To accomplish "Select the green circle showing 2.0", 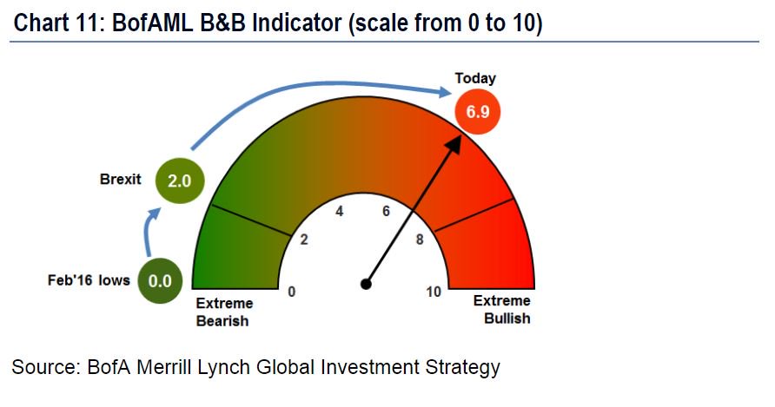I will pos(179,181).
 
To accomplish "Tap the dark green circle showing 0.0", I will pos(160,280).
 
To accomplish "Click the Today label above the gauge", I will pos(475,78).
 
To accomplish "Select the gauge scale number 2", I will pos(304,240).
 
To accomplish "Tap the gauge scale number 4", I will pos(340,211).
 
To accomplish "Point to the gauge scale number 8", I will pos(420,240).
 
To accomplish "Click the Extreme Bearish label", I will pos(224,312).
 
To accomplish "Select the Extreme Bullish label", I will pos(501,310).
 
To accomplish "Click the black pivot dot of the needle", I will pos(366,283).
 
